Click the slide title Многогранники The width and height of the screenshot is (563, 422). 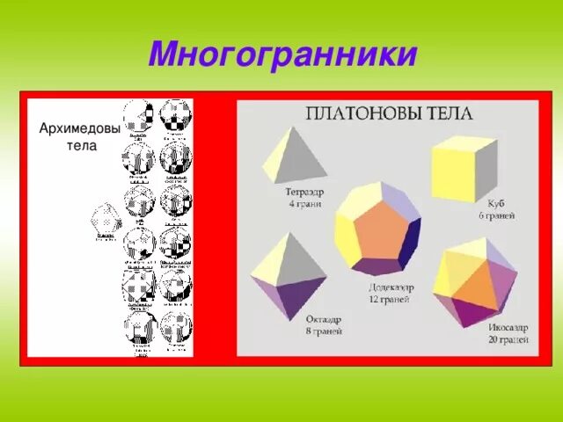tap(281, 55)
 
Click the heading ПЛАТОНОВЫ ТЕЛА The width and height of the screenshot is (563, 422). tap(389, 113)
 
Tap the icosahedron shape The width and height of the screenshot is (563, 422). tap(475, 281)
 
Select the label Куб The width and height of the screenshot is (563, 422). tap(484, 203)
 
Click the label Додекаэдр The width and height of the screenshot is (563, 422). tap(392, 287)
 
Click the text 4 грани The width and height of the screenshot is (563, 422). tap(304, 203)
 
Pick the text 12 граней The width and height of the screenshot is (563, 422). tap(389, 299)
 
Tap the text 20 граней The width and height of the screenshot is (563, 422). tap(508, 338)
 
